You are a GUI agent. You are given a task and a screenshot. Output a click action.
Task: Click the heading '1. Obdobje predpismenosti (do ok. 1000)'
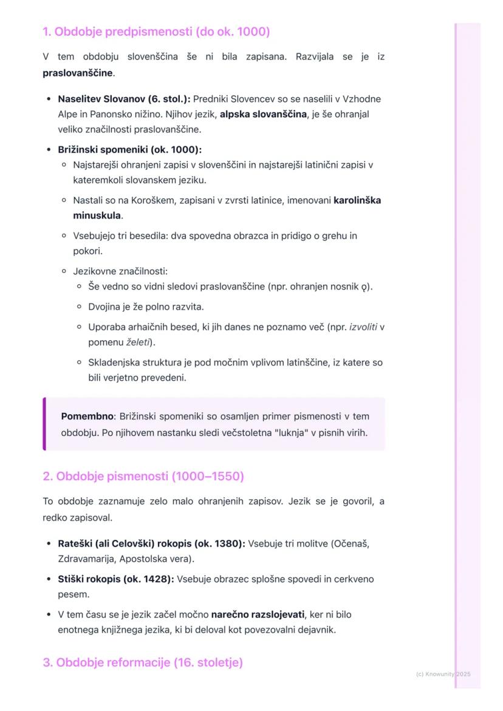156,32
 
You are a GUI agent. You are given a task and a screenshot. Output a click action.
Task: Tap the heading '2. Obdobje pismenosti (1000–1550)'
143,476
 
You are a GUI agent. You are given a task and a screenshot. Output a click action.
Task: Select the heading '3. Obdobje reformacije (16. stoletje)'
143,662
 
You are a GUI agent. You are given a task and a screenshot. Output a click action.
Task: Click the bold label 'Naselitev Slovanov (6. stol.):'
124,99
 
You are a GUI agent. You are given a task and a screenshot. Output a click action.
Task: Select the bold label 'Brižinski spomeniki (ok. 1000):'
129,149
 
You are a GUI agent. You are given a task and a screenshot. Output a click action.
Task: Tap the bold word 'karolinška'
357,200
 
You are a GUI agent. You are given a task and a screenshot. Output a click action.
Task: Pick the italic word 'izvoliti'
363,327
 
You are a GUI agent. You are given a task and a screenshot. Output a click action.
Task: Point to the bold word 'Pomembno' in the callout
87,417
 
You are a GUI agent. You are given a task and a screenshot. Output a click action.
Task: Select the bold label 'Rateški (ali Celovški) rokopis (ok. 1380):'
151,543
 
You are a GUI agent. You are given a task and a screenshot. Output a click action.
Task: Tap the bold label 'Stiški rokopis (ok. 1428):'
115,579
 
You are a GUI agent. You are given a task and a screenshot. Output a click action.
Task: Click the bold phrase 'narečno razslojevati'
258,614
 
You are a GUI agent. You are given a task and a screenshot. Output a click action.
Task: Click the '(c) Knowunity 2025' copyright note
443,674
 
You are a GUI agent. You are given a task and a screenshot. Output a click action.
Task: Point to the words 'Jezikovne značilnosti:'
120,271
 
